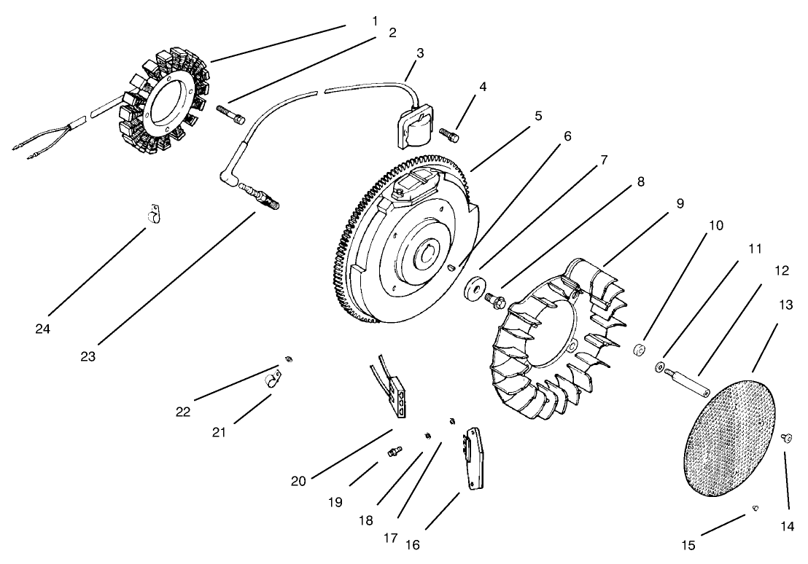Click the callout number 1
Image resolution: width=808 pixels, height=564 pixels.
click(375, 21)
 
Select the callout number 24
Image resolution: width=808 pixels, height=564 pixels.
click(42, 329)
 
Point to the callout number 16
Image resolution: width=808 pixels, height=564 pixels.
click(412, 544)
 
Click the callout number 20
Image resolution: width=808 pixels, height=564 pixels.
click(299, 481)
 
